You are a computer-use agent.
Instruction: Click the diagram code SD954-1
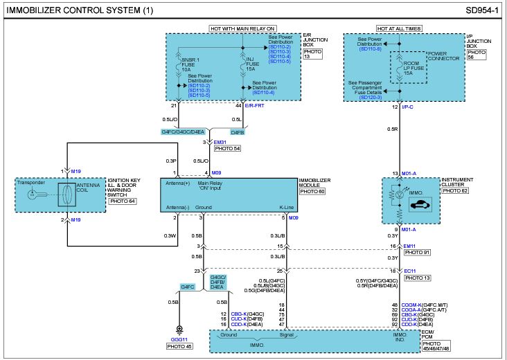[482, 10]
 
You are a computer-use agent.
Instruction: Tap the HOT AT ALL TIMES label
[400, 29]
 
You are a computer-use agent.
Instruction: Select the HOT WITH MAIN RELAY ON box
[242, 29]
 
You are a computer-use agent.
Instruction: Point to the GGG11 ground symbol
[179, 330]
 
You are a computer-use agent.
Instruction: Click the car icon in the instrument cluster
[420, 204]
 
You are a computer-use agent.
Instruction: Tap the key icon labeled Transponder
[37, 195]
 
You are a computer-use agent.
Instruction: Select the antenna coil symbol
[67, 195]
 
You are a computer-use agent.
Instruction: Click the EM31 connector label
[220, 142]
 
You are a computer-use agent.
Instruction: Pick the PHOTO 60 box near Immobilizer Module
[312, 191]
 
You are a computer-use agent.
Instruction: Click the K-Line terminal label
[287, 208]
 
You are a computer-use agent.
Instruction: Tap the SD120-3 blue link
[371, 98]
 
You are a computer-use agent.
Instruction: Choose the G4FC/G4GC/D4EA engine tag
[183, 132]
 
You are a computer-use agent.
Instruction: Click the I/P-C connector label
[407, 107]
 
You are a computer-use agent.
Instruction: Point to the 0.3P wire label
[171, 161]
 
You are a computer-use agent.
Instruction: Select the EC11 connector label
[409, 271]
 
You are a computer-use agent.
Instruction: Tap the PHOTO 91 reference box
[418, 252]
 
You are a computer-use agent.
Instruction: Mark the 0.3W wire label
[170, 235]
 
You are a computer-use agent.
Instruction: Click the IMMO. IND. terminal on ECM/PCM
[400, 337]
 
